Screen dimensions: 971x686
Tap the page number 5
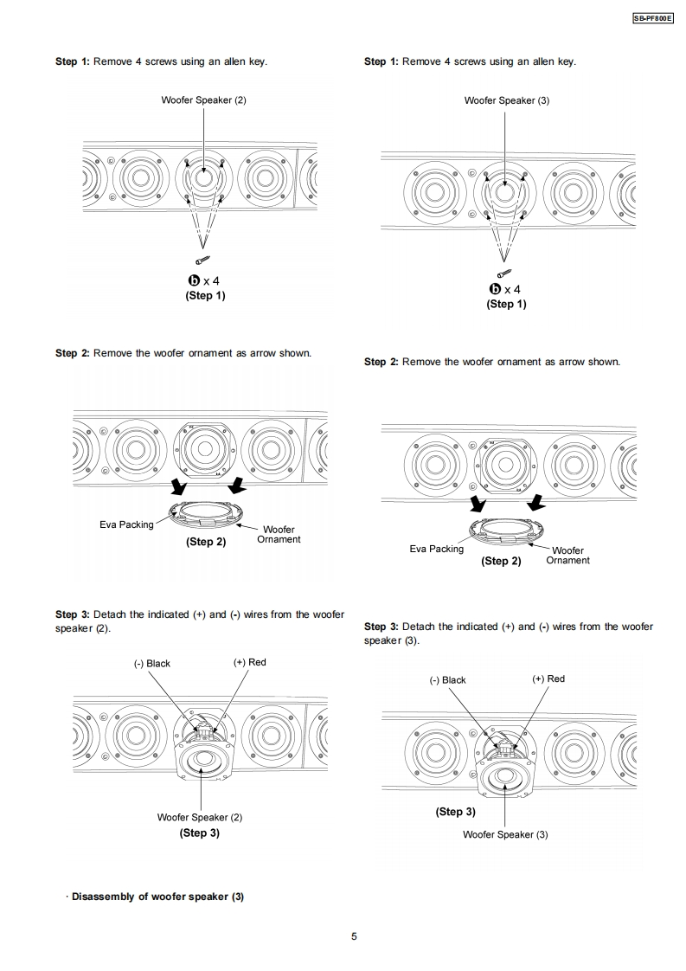354,936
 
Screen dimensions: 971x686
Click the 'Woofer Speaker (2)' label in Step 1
203,100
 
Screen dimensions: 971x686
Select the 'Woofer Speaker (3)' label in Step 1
506,100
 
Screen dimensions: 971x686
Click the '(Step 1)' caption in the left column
205,295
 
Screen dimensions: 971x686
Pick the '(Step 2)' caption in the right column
501,561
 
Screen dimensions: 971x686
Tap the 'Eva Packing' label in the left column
126,524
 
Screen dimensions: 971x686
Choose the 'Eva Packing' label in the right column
436,549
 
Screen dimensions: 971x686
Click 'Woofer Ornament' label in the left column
279,534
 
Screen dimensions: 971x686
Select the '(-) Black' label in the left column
151,664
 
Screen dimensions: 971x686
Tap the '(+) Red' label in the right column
548,679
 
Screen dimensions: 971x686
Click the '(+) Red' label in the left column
250,663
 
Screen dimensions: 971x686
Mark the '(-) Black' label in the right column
448,680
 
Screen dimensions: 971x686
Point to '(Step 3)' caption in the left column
199,833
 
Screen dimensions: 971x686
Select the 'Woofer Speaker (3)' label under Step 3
505,834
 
